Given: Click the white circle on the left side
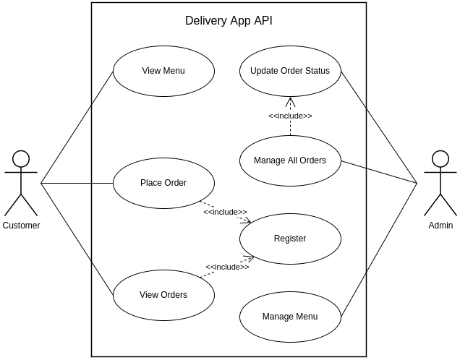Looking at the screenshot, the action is pyautogui.click(x=21, y=159).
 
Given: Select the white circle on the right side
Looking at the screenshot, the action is pyautogui.click(x=440, y=159).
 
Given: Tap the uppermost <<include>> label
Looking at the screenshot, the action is pyautogui.click(x=290, y=116).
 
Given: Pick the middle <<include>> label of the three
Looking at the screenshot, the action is pyautogui.click(x=225, y=213).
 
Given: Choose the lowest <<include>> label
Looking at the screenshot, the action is pyautogui.click(x=227, y=267).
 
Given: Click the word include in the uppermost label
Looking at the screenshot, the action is pyautogui.click(x=290, y=116).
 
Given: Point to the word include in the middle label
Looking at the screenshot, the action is pyautogui.click(x=225, y=213).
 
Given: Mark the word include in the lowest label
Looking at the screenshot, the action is pyautogui.click(x=227, y=267).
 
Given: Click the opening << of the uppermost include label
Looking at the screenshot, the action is pyautogui.click(x=273, y=116).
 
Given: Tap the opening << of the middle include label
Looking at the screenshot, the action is pyautogui.click(x=208, y=213).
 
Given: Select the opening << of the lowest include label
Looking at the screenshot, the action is pyautogui.click(x=210, y=267).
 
